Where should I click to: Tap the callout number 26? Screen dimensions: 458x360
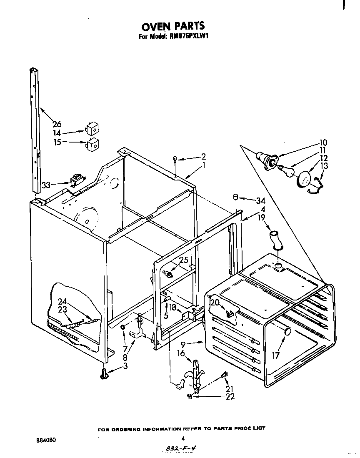pos(57,124)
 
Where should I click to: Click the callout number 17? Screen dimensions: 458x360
pos(275,355)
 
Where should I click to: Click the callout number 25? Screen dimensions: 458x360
pos(184,260)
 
